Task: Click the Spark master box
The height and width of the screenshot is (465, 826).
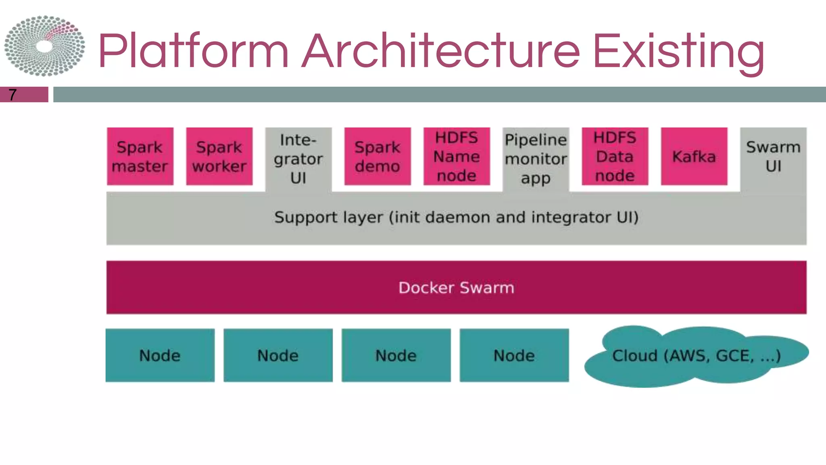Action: [x=140, y=157]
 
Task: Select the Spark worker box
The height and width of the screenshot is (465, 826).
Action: [x=219, y=157]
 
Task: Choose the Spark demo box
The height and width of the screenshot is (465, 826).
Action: [x=378, y=157]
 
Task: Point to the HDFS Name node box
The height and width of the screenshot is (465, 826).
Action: [x=457, y=157]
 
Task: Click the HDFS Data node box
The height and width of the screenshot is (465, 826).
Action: [x=615, y=157]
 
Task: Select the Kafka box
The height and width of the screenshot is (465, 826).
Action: [x=694, y=157]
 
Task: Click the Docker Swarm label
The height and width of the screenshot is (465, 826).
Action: [x=456, y=288]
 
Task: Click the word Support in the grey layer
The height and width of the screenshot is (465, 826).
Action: [x=306, y=218]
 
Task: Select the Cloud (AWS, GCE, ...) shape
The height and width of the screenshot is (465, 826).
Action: [x=696, y=356]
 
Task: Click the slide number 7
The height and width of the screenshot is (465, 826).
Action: [x=13, y=95]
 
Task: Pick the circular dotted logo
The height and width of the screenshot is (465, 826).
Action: [x=44, y=46]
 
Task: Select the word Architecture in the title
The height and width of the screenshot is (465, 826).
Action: [x=441, y=52]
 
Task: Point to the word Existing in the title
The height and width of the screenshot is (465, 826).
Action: [x=678, y=52]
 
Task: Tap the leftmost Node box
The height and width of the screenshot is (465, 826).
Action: [x=160, y=356]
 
